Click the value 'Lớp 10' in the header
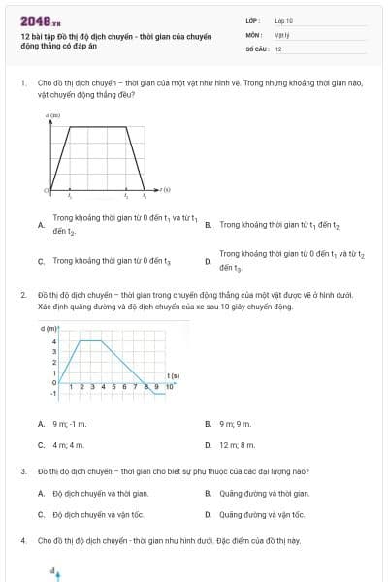tap(283, 20)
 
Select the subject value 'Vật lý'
tap(281, 34)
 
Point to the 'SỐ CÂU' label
tap(255, 48)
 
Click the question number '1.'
tap(22, 83)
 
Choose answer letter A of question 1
tap(40, 225)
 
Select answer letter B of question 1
tap(208, 225)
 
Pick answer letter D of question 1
tap(208, 261)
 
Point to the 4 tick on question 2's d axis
tap(54, 341)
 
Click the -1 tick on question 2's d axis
tap(54, 394)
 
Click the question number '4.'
tap(22, 539)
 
